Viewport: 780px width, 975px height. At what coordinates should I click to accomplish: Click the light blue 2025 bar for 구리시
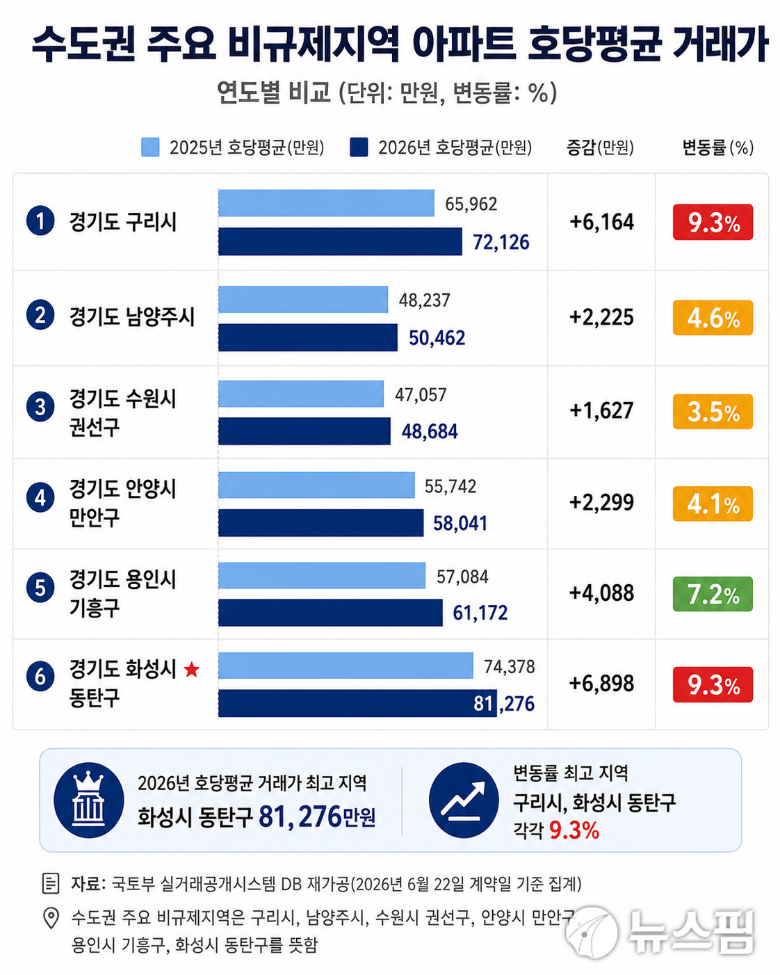coord(326,203)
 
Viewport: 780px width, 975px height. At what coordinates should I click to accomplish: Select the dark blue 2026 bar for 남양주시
coord(308,337)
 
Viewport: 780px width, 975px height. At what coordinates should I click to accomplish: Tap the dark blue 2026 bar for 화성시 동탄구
coord(357,703)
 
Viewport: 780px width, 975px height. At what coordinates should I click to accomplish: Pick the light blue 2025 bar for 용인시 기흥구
coord(322,575)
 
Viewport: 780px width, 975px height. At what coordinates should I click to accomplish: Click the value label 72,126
coord(501,243)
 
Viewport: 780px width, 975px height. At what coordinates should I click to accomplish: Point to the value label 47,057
coord(421,395)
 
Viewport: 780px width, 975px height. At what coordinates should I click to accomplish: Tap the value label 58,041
coord(460,523)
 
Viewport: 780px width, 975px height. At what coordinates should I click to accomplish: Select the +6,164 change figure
coord(601,222)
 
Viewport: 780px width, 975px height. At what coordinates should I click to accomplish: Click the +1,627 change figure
coord(601,410)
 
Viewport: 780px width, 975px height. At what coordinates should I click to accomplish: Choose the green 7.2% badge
coord(713,594)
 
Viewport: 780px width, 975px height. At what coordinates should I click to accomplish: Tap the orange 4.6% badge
coord(713,318)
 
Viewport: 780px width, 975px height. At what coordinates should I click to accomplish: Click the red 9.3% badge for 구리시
coord(713,222)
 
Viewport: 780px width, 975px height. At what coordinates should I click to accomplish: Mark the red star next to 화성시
coord(192,669)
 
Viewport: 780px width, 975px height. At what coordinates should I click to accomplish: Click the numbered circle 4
coord(40,497)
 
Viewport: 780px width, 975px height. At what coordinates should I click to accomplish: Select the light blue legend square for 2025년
coord(150,147)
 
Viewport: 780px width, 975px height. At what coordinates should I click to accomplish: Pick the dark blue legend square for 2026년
coord(359,147)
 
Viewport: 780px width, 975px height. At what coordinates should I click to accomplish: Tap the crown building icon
coord(89,800)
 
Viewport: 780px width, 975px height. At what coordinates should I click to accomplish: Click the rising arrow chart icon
coord(464,800)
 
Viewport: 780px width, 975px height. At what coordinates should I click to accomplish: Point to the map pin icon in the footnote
coord(51,919)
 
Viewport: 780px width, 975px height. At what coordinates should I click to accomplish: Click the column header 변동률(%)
coord(717,147)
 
